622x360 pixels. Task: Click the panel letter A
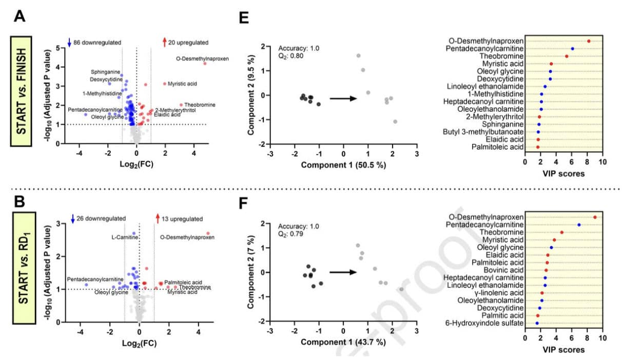coord(20,16)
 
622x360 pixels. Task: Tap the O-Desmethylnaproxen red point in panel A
coord(205,64)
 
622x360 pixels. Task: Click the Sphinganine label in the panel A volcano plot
coord(106,72)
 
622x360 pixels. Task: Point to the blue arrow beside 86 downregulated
coord(69,42)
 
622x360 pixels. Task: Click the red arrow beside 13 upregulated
coord(158,219)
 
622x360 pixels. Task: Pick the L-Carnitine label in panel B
coord(124,237)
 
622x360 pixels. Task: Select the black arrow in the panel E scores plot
coord(342,97)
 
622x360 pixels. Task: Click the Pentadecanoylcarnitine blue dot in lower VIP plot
coord(579,225)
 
